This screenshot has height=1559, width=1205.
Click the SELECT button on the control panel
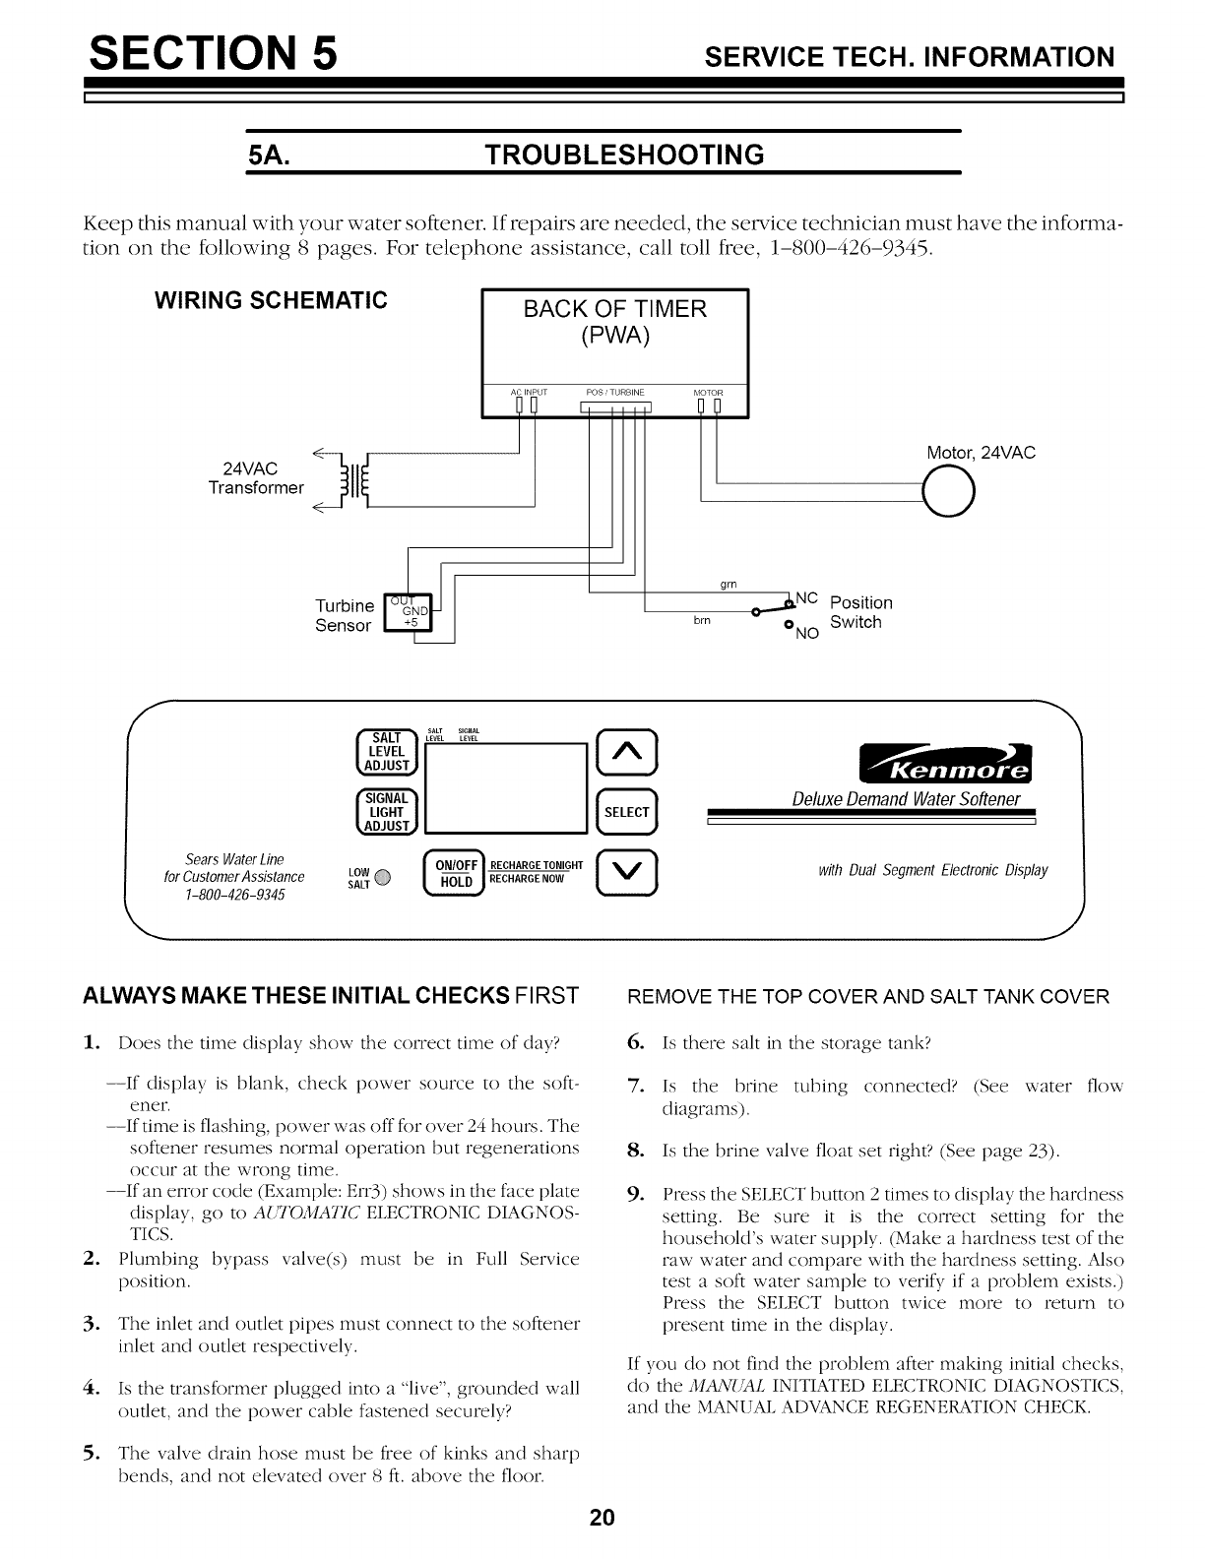point(626,812)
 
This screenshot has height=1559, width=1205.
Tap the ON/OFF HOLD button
point(454,872)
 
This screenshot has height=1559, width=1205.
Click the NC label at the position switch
point(807,596)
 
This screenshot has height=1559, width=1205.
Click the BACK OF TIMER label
point(615,309)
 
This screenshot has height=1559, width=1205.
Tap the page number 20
point(602,1517)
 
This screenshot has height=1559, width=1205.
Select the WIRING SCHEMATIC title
point(266,299)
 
